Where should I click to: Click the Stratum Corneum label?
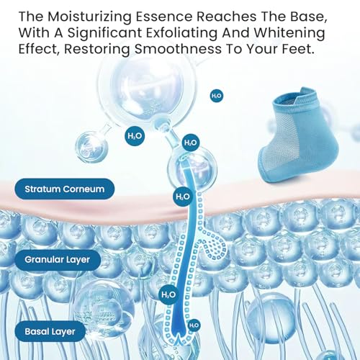[64, 189]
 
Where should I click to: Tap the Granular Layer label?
[58, 260]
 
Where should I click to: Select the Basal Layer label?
[50, 331]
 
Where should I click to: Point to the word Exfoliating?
[181, 33]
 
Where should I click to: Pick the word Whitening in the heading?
[289, 33]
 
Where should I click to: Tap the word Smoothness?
[178, 49]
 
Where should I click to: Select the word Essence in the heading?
[164, 17]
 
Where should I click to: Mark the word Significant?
[104, 33]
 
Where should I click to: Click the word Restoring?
[97, 49]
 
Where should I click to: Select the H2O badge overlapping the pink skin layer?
[183, 197]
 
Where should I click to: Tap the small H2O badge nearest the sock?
[217, 96]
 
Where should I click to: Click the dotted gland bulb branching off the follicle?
[215, 246]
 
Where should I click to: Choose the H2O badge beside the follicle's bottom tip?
[194, 325]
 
